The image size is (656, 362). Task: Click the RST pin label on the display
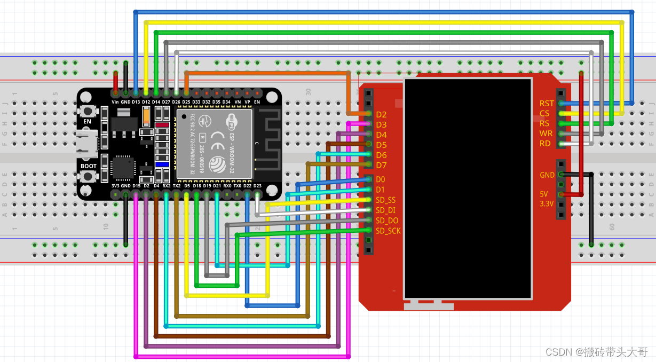tap(547, 104)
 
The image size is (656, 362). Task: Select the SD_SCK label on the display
tap(388, 231)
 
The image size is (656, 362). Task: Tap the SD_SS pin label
tap(385, 200)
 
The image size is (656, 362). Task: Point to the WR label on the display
tap(546, 133)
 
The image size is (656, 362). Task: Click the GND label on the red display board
tap(547, 175)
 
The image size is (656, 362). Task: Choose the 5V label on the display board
tap(543, 194)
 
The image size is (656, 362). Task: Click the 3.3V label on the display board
tap(546, 204)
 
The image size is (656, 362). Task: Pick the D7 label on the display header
tap(381, 166)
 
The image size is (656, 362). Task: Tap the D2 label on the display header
tap(381, 114)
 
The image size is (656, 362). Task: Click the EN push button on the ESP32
tap(87, 111)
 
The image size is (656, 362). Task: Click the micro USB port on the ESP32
tap(86, 143)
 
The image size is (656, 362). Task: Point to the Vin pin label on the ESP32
tap(115, 101)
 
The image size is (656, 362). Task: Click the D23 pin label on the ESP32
tap(257, 186)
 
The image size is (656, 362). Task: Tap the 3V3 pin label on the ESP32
tap(115, 186)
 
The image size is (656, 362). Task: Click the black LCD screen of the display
tap(468, 188)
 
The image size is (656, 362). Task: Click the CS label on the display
tap(544, 114)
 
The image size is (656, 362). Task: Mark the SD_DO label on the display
tap(387, 221)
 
